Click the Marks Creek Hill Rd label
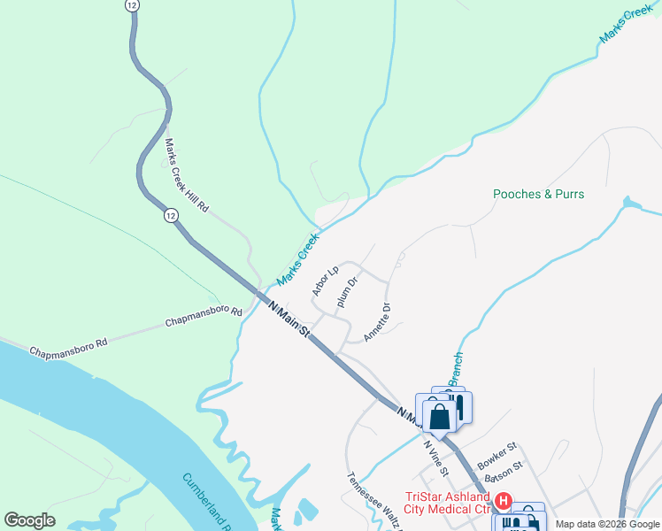click(186, 174)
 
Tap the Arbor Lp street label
click(325, 281)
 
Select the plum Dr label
click(347, 295)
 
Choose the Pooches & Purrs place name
click(538, 194)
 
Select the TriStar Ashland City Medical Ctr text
click(447, 503)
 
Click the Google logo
click(29, 520)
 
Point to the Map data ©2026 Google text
click(606, 524)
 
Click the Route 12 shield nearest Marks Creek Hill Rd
click(169, 215)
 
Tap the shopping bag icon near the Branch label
click(440, 416)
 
